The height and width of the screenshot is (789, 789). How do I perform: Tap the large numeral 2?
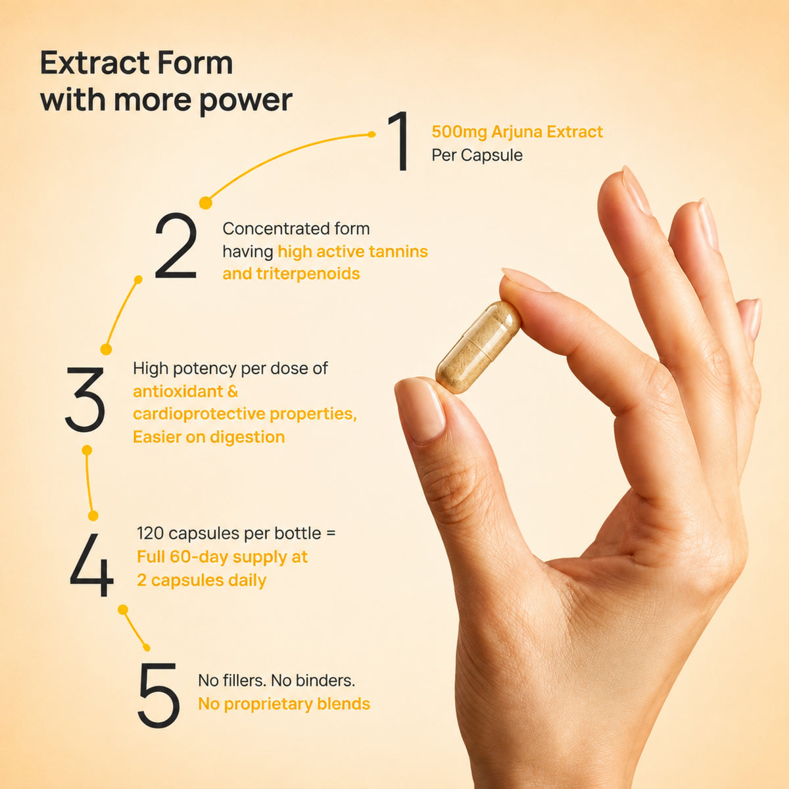click(176, 246)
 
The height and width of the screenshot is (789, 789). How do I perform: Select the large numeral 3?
click(85, 400)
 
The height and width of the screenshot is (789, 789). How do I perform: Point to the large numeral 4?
click(91, 565)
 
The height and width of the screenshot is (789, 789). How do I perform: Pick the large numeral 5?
click(159, 695)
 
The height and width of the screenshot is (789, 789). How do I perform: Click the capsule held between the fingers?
click(478, 347)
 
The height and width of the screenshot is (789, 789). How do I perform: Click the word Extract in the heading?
click(95, 63)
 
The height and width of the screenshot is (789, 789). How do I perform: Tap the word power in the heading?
click(246, 101)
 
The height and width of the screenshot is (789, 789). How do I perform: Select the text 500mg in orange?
click(459, 132)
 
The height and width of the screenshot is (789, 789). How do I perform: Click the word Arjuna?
click(517, 132)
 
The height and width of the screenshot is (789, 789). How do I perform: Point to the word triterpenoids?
click(308, 274)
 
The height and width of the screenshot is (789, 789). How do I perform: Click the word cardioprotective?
click(199, 414)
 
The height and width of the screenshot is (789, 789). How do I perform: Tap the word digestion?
click(247, 437)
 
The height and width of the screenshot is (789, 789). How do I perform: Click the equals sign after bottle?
click(331, 534)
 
